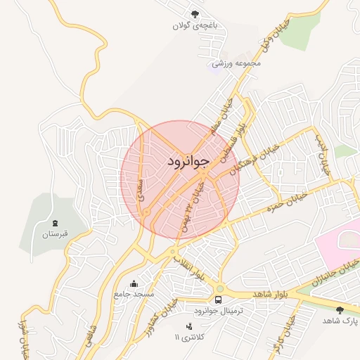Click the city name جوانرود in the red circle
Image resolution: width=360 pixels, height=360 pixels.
(188, 162)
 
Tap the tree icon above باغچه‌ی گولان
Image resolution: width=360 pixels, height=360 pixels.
(195, 13)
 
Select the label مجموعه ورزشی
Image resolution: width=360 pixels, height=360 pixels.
(237, 63)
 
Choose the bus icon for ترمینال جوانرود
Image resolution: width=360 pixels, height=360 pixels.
(218, 299)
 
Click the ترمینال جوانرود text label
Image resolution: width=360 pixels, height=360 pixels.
(218, 310)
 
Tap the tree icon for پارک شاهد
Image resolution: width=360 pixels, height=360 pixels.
(340, 309)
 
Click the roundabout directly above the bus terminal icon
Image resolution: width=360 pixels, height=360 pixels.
(219, 288)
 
